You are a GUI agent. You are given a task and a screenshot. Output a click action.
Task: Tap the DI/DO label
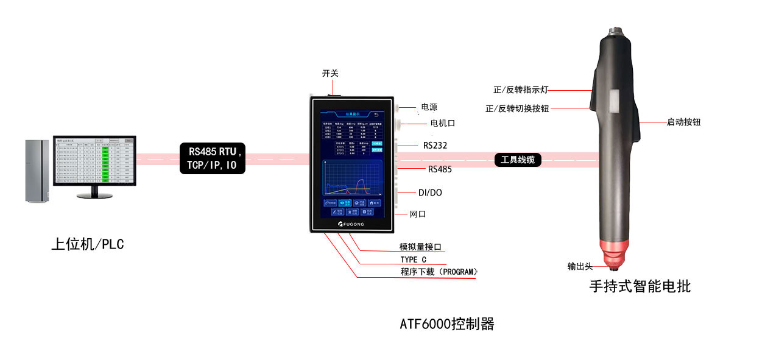[x=430, y=192]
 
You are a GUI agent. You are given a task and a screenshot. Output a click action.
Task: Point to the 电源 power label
[x=429, y=107]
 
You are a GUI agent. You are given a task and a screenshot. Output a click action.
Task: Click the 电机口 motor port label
[x=443, y=123]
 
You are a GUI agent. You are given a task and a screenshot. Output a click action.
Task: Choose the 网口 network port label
[x=418, y=214]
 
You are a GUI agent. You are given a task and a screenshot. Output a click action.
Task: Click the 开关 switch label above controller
[x=330, y=73]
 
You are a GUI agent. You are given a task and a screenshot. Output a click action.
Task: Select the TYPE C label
[x=414, y=259]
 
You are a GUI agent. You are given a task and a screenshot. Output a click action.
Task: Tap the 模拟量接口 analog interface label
[x=420, y=247]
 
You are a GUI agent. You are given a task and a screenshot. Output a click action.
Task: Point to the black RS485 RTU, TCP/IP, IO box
[x=212, y=158]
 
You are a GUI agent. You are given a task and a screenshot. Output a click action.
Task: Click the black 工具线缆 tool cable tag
[x=518, y=160]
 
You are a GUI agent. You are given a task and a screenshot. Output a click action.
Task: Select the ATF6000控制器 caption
[x=446, y=324]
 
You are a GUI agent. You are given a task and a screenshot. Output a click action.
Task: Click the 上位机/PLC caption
[x=87, y=244]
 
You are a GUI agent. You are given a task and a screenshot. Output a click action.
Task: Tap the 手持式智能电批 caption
[x=640, y=286]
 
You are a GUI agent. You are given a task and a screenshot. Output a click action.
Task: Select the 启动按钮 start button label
[x=683, y=122]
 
